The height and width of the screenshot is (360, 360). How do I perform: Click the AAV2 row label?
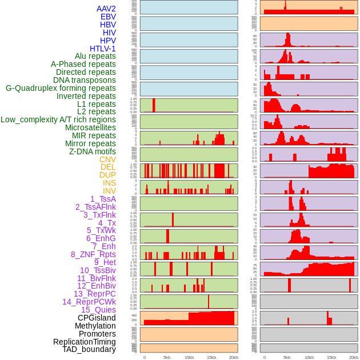(106, 9)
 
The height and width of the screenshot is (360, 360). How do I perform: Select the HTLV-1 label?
(103, 49)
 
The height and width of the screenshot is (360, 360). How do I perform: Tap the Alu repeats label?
(95, 56)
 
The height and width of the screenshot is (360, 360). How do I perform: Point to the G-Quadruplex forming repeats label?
(61, 88)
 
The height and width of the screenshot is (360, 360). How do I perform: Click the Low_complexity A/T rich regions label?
(58, 119)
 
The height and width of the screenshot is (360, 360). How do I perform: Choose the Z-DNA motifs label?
(93, 151)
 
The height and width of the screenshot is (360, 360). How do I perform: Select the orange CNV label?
(107, 159)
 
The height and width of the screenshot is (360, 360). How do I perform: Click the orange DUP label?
(107, 175)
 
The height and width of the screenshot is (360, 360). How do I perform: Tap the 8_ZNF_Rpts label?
(93, 254)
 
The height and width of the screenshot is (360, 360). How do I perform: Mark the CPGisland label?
(97, 318)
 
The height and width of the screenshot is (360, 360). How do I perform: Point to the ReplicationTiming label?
(85, 342)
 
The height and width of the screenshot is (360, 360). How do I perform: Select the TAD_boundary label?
(89, 349)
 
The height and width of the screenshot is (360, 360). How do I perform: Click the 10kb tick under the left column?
(189, 357)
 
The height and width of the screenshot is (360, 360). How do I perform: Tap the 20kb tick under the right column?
(354, 357)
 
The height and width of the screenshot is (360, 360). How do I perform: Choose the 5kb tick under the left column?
(167, 357)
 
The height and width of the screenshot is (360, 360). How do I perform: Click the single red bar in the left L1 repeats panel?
(154, 105)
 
